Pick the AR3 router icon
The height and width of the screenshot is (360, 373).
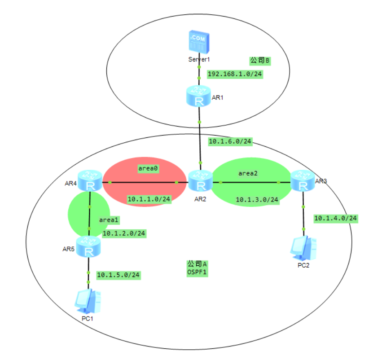tap(303, 181)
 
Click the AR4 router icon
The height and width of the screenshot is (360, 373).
tap(90, 181)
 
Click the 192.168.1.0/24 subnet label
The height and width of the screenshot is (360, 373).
tap(235, 74)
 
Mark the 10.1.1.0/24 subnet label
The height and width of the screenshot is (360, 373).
tap(149, 199)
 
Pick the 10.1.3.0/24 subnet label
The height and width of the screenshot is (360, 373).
tap(257, 199)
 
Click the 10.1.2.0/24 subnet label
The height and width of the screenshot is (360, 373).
tap(124, 233)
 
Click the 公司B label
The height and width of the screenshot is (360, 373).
tap(259, 60)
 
